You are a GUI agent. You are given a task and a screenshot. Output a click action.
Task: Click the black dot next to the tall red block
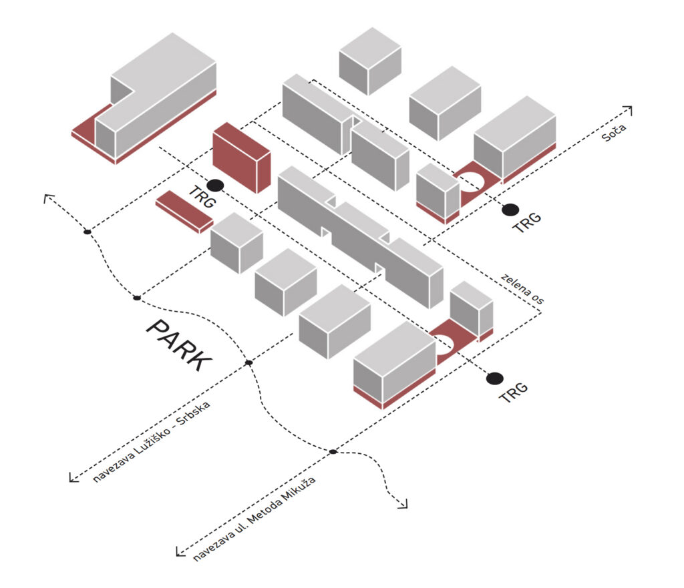point(214,186)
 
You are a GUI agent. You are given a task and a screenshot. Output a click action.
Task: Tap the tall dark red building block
point(241,158)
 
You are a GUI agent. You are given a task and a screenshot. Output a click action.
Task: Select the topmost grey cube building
point(369,61)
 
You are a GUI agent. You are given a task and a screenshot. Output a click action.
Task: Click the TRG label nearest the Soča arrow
point(526,222)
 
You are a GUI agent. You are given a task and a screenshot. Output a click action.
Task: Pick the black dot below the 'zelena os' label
point(494,378)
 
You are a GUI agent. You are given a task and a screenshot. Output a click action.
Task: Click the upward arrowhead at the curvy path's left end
point(47,198)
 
